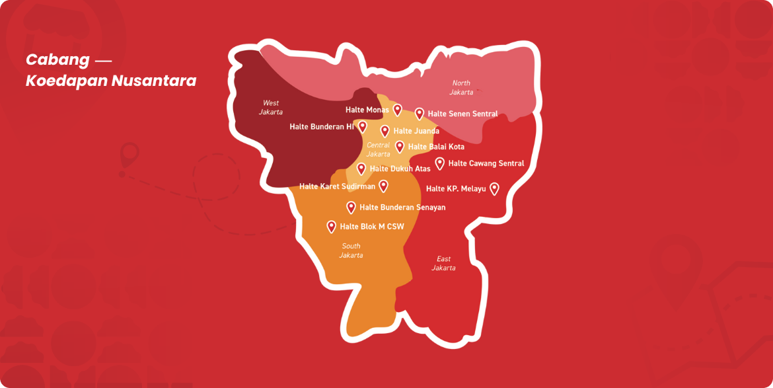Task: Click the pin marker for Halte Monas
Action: (397, 110)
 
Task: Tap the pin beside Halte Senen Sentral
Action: (419, 114)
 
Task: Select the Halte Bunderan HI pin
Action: (362, 126)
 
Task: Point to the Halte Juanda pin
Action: (385, 131)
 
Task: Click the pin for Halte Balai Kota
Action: (400, 146)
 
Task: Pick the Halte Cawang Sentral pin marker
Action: (439, 163)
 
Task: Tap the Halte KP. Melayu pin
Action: (494, 188)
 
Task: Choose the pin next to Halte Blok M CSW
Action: (331, 227)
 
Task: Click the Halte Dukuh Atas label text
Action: (400, 169)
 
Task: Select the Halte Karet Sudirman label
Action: (337, 186)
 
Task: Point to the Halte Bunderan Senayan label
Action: (402, 208)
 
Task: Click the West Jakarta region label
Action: (270, 107)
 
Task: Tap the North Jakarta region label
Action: (461, 87)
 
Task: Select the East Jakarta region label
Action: (443, 263)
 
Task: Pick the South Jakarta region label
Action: (351, 251)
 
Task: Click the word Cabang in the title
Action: (57, 59)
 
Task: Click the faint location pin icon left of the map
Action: (129, 157)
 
